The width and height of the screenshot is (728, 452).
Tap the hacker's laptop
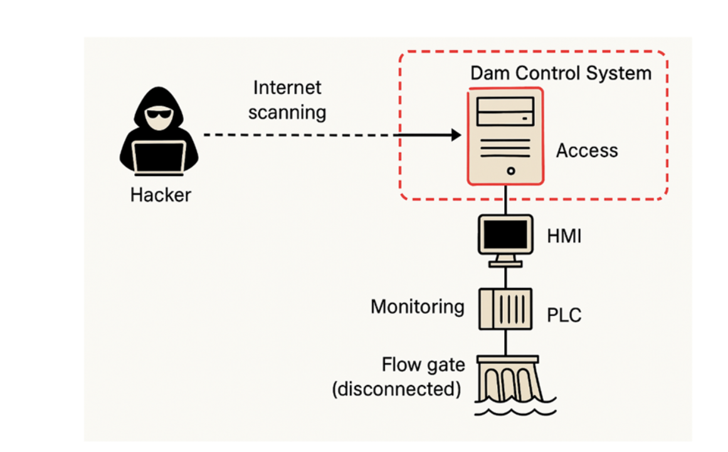[x=158, y=157]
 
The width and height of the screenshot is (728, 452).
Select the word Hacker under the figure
[x=161, y=195]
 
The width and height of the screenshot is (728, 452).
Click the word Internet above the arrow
[x=287, y=88]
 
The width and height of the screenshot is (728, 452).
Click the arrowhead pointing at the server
[x=456, y=135]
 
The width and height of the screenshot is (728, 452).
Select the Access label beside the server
[x=587, y=151]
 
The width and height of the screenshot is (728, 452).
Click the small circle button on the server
[x=511, y=170]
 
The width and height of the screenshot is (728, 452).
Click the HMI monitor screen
[x=505, y=235]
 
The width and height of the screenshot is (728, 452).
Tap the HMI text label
[x=564, y=237]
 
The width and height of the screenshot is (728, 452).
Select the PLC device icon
[x=505, y=309]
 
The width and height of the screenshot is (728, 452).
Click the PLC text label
[x=564, y=315]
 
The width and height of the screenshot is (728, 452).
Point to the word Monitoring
[x=418, y=307]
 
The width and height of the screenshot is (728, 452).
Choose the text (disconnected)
[x=396, y=389]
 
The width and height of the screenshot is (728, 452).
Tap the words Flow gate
[x=423, y=365]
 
